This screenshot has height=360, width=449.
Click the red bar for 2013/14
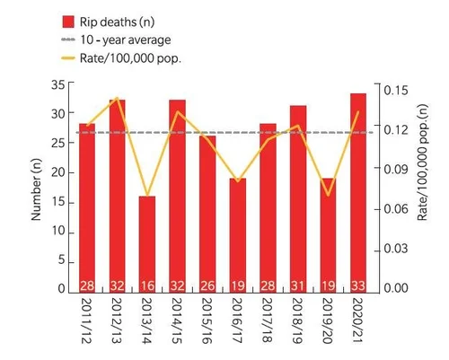[x=147, y=242]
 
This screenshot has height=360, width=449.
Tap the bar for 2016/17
[x=237, y=233]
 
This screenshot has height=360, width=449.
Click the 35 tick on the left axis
[x=58, y=84]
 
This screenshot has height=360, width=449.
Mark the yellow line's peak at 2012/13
[x=117, y=98]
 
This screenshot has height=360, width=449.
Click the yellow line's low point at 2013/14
[x=147, y=196]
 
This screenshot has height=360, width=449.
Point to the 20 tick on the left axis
[x=58, y=172]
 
